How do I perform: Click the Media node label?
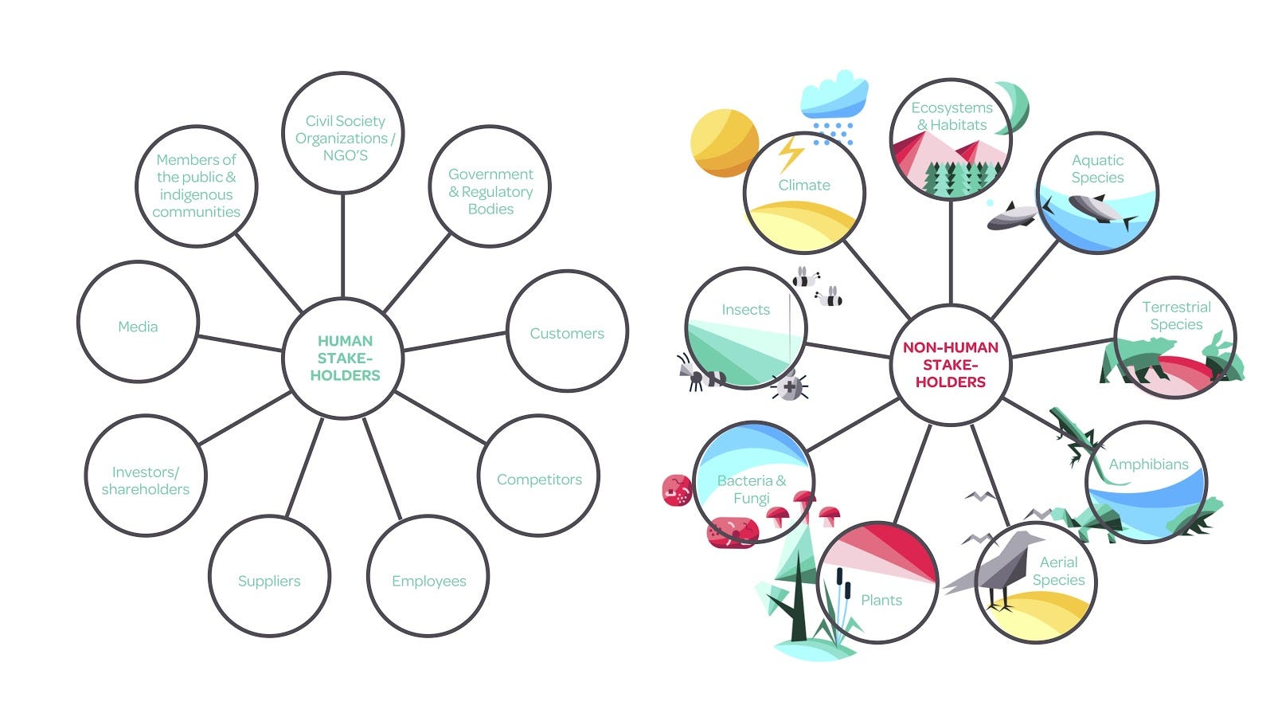(138, 327)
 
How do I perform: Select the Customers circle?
(567, 332)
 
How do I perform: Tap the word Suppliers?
(269, 581)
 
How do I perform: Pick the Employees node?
(428, 581)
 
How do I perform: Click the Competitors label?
(539, 479)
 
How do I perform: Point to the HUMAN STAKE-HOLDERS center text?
(345, 358)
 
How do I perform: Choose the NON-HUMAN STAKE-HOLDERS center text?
(950, 364)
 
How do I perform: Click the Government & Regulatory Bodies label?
(490, 191)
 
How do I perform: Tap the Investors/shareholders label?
(146, 480)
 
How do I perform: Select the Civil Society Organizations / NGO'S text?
(345, 138)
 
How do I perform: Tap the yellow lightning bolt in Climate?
(791, 152)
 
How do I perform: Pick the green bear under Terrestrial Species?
(1135, 358)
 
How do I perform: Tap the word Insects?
(745, 309)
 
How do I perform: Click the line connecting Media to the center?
(239, 343)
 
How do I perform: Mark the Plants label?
(881, 600)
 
